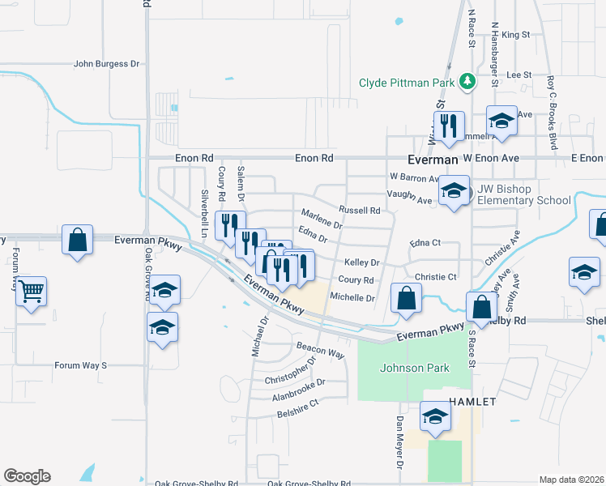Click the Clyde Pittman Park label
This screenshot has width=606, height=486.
[408, 82]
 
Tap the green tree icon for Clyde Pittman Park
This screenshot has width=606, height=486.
[467, 81]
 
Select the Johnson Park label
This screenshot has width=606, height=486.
[415, 368]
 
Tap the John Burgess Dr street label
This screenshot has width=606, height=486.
[106, 63]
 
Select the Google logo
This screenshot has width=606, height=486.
[27, 476]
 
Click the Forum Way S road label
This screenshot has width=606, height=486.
[80, 365]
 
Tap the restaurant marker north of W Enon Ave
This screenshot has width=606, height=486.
[447, 126]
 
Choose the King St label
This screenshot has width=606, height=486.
[515, 35]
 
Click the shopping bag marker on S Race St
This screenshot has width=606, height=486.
[481, 307]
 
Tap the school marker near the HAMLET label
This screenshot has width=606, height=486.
[435, 417]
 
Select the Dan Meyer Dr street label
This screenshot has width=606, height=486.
[399, 443]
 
